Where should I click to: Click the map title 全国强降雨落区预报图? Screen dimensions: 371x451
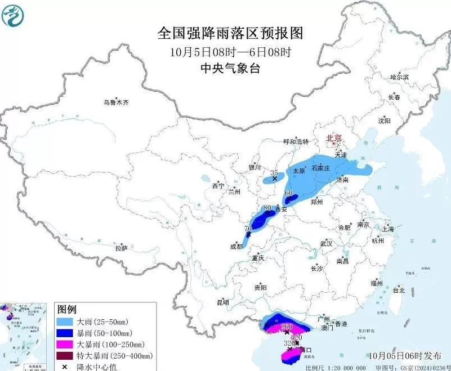tap(230, 33)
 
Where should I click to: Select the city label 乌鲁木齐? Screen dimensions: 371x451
tap(115, 102)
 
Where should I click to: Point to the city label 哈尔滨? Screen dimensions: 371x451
tap(399, 77)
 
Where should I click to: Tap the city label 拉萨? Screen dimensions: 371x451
tap(120, 248)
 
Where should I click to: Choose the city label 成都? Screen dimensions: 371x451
tap(236, 246)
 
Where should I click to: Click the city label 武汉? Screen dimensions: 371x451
tap(326, 244)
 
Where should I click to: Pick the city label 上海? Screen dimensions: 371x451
tap(387, 229)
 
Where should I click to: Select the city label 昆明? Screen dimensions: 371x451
tap(222, 302)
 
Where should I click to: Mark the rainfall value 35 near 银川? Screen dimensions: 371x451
tap(274, 173)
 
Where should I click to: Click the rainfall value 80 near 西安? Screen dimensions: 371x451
tap(267, 208)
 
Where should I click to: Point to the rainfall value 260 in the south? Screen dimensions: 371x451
tap(287, 327)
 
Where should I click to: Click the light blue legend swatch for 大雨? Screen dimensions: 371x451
tap(66, 321)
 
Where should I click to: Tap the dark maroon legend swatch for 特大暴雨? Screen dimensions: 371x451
tap(66, 355)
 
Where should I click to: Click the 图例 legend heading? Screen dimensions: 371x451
tap(67, 309)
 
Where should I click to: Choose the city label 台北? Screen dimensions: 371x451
tap(399, 290)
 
